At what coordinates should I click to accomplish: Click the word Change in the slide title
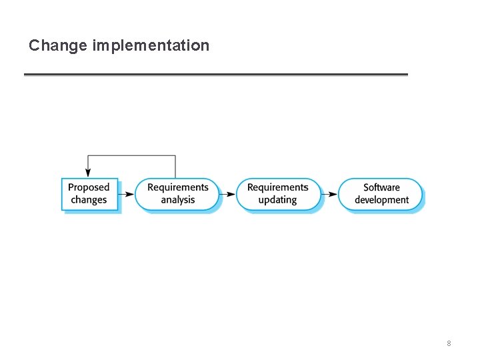pos(59,45)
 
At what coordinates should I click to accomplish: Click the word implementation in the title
pos(151,45)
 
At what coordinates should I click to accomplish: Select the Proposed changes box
pos(89,194)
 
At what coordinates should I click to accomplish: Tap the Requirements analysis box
pos(177,194)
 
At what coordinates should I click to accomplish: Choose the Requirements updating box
pos(278,194)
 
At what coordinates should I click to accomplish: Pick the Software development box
pos(381,194)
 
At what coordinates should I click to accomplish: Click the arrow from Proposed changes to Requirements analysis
pos(127,194)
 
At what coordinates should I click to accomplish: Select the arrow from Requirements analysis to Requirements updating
pos(227,194)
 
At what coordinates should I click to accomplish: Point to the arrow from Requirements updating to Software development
pos(329,194)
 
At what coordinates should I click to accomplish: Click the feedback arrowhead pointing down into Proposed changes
pos(88,173)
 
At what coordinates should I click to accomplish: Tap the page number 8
pos(449,343)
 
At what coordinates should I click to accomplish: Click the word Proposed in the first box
pos(89,187)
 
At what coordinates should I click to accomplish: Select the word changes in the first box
pos(89,200)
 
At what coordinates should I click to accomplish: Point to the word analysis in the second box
pos(178,200)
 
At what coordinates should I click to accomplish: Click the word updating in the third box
pos(278,200)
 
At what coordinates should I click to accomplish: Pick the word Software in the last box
pos(381,187)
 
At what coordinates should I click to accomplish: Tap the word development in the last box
pos(381,200)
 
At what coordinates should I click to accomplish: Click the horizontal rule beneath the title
pos(215,74)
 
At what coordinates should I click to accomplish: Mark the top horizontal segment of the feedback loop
pos(131,156)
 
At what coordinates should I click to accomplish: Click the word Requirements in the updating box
pos(278,187)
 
